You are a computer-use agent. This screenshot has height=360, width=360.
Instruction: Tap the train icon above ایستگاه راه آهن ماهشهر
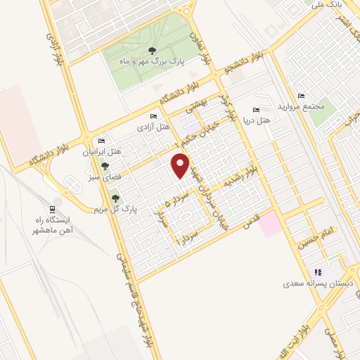click(52, 209)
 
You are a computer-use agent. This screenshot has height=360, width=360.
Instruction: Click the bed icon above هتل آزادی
click(153, 117)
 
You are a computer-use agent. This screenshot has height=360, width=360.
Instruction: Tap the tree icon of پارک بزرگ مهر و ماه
click(152, 49)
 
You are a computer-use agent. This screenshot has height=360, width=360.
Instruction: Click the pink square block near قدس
click(269, 225)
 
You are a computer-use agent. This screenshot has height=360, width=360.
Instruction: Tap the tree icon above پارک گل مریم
click(115, 198)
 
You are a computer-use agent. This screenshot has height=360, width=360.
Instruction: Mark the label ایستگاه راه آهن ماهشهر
click(53, 225)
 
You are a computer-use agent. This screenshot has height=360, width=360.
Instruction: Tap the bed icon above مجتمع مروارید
click(301, 96)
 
